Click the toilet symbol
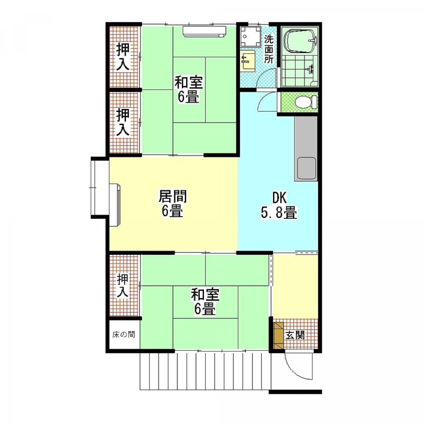click(x=306, y=102)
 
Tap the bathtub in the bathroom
click(x=300, y=41)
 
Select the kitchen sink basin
click(x=306, y=169)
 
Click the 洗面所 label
click(x=269, y=49)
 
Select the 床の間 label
click(x=124, y=335)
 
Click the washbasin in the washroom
click(x=247, y=60)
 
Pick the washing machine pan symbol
click(x=251, y=36)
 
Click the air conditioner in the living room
click(x=115, y=205)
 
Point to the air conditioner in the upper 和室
click(x=204, y=32)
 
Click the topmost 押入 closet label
click(x=123, y=57)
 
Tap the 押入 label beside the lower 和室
click(x=123, y=285)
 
